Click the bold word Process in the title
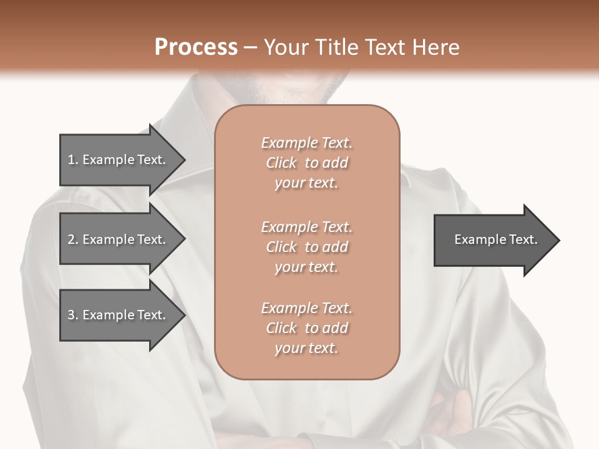[196, 47]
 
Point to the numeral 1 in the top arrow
[71, 160]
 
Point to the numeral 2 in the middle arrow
[72, 240]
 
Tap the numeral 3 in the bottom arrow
[72, 316]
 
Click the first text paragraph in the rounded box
[306, 163]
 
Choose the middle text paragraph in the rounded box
[306, 247]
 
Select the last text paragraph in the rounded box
[306, 328]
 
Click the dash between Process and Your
[251, 48]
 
